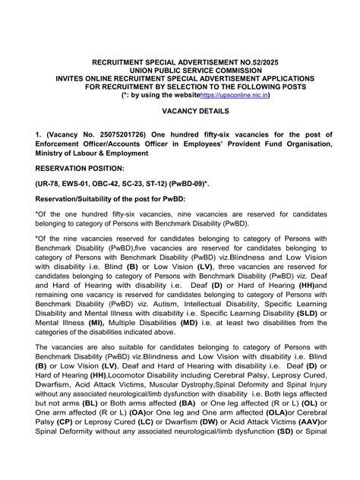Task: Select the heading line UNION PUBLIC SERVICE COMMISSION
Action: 180,69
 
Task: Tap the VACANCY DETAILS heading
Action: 180,111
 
